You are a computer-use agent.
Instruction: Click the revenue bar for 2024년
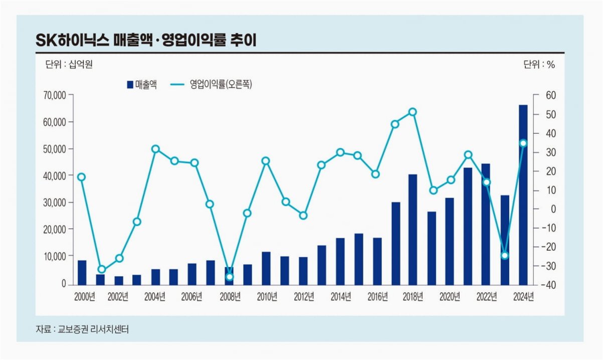[x=523, y=195]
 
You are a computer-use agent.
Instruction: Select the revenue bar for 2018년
[x=413, y=230]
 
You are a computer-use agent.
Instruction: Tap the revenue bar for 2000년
[x=82, y=273]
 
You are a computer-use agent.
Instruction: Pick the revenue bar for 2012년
[x=303, y=271]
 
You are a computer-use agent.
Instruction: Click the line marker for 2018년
[x=413, y=112]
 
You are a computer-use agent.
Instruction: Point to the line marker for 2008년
[x=230, y=277]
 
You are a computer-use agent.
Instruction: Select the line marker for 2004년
[x=155, y=149]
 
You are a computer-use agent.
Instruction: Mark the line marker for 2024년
[x=523, y=143]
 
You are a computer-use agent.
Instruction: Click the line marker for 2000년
[x=82, y=177]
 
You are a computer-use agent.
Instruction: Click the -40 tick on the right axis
[x=547, y=285]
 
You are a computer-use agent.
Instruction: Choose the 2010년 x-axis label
[x=267, y=297]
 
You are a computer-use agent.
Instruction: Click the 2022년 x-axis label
[x=487, y=297]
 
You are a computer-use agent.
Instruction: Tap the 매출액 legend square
[x=130, y=85]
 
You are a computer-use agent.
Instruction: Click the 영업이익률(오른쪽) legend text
[x=221, y=85]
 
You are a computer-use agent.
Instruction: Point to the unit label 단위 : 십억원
[x=69, y=64]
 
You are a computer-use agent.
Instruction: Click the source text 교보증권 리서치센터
[x=93, y=329]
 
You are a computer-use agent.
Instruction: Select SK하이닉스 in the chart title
[x=73, y=41]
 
